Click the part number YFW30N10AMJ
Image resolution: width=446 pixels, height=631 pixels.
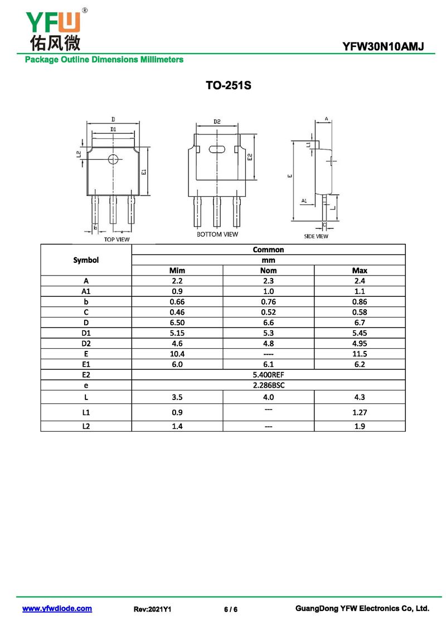[x=383, y=47]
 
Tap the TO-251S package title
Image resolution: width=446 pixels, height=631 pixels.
[x=229, y=85]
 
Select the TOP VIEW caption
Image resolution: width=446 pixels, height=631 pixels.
[x=117, y=239]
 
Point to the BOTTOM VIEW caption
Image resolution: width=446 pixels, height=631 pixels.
[x=217, y=234]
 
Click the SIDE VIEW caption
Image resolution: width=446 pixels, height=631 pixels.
[x=316, y=236]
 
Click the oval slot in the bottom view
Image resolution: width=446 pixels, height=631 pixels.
[x=217, y=150]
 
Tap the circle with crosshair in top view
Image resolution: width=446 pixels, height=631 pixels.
[x=113, y=160]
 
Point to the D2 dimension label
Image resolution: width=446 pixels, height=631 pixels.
[x=217, y=122]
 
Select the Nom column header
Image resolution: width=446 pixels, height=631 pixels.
[x=268, y=271]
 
